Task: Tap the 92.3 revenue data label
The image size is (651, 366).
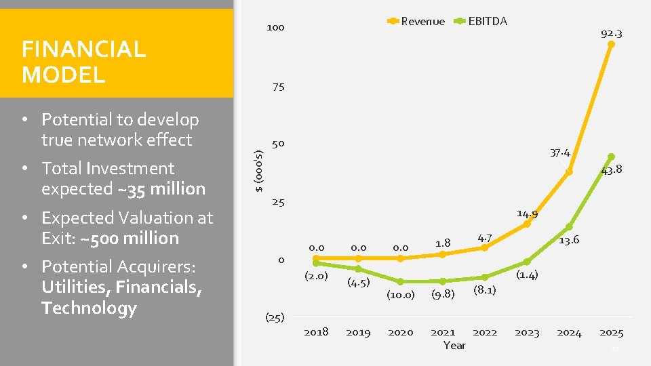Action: pos(611,33)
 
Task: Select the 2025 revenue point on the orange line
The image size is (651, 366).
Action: pos(611,45)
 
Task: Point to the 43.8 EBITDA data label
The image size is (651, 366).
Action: pos(611,170)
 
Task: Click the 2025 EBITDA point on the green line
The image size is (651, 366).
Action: pos(611,157)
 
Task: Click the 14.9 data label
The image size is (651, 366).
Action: pos(527,214)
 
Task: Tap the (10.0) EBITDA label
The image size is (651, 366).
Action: pos(400,294)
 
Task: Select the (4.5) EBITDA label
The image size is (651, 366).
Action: pos(358,282)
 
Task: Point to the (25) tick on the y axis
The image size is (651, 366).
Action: pos(274,317)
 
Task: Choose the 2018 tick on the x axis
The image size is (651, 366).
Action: pos(316,332)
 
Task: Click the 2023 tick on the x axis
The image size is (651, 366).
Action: pos(527,332)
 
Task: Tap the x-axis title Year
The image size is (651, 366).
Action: pos(454,345)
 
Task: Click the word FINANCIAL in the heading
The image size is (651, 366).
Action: pos(83,49)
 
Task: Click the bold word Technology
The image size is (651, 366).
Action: pos(89,308)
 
